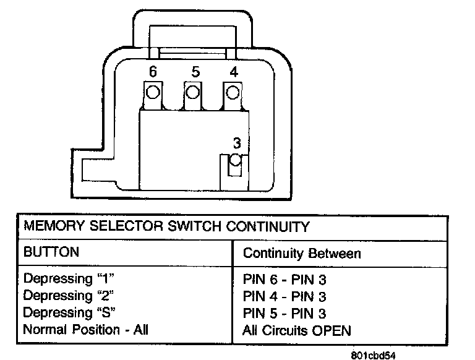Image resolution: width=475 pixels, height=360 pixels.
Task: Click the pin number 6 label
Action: (x=153, y=72)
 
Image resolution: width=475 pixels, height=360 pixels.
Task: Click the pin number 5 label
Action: (x=195, y=72)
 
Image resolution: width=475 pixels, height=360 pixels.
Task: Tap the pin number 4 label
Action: (x=233, y=72)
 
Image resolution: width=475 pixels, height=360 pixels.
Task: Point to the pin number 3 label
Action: (x=236, y=143)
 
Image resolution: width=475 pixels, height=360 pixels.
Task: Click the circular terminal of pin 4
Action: (x=233, y=93)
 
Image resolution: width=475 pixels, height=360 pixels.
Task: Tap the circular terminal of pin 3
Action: (x=234, y=161)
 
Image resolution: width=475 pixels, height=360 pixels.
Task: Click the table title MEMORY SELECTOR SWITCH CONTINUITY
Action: (x=166, y=227)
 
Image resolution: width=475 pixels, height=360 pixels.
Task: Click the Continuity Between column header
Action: (x=302, y=254)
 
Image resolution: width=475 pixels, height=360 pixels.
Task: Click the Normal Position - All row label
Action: (x=86, y=330)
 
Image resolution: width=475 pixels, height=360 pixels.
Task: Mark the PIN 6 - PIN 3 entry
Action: (x=285, y=280)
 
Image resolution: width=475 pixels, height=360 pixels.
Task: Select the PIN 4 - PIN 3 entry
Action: (x=285, y=297)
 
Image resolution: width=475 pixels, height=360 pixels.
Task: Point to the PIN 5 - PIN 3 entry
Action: (x=285, y=314)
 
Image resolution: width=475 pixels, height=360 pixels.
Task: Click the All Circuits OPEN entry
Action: (x=297, y=330)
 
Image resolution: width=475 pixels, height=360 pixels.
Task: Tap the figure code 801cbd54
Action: (x=372, y=355)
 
